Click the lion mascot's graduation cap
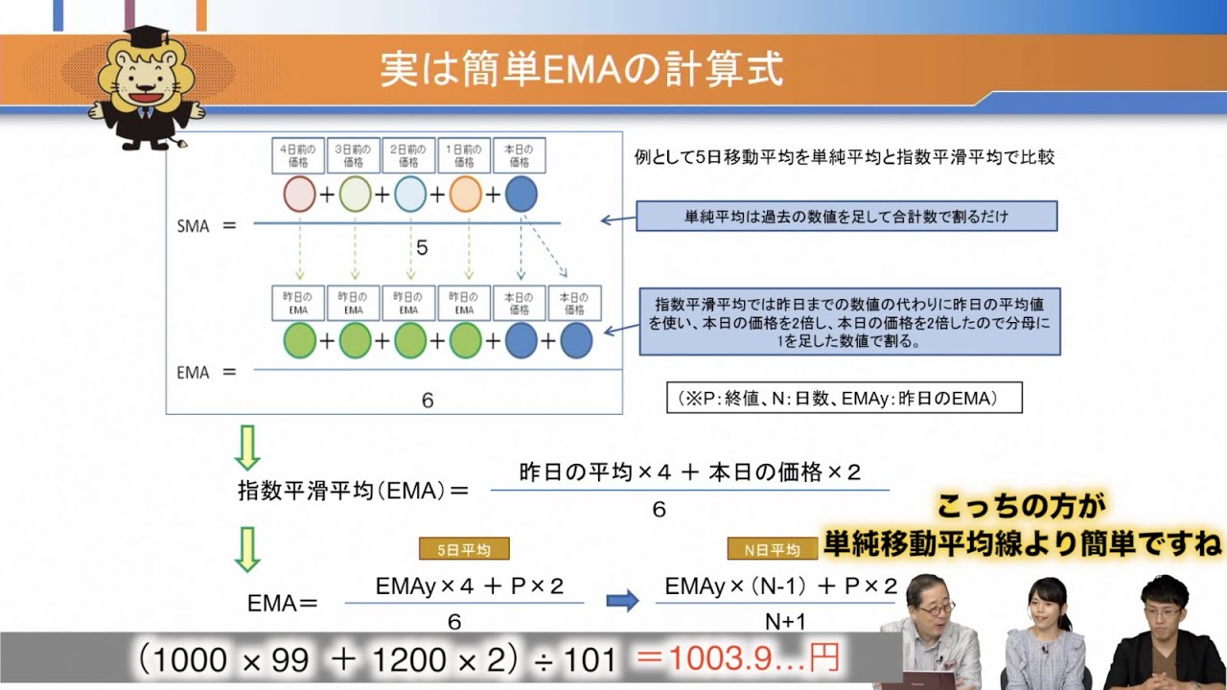point(145,37)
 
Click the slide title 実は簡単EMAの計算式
point(582,70)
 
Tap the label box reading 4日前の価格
point(299,156)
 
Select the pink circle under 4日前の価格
point(299,195)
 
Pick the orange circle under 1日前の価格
point(465,195)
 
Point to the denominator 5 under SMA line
point(422,248)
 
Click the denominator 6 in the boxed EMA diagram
point(428,401)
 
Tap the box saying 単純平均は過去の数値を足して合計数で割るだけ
point(846,217)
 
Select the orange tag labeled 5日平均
point(464,549)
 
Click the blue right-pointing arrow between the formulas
point(622,601)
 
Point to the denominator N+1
point(785,622)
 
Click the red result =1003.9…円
point(738,658)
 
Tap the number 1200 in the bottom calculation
point(409,659)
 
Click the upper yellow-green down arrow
point(247,447)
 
